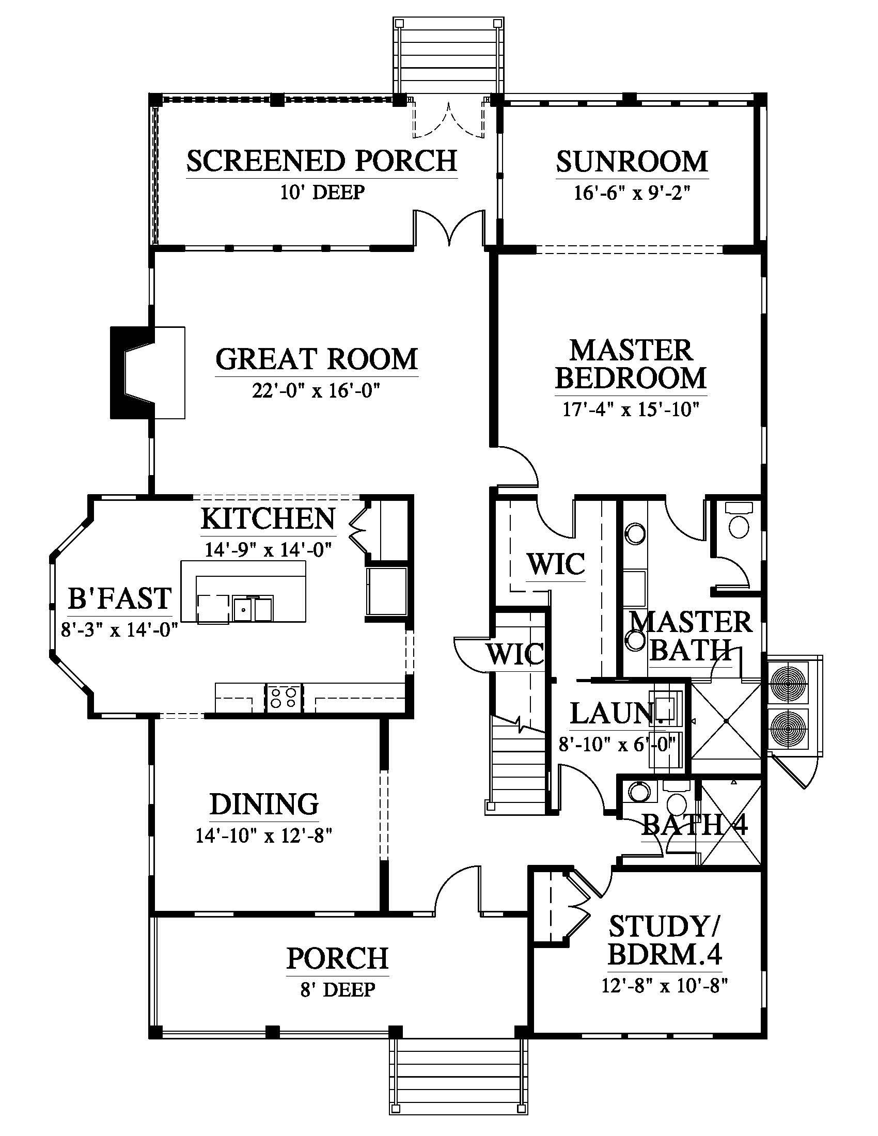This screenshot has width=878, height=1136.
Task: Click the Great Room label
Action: [x=316, y=359]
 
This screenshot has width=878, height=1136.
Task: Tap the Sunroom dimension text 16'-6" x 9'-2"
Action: [x=632, y=193]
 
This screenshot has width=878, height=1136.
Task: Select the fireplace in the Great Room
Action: [x=148, y=372]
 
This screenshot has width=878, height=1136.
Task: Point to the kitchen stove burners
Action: [x=285, y=698]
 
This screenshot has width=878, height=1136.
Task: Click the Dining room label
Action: [x=264, y=803]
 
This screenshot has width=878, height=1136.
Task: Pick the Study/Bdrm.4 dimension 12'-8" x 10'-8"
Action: [x=664, y=985]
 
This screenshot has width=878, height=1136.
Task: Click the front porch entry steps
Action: [x=458, y=1079]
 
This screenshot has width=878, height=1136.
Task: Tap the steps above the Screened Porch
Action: [x=448, y=57]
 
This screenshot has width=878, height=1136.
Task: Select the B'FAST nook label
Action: [x=120, y=598]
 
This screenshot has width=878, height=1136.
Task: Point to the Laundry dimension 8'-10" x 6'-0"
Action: [x=617, y=744]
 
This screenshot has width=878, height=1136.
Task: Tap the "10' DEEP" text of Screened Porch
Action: [x=322, y=192]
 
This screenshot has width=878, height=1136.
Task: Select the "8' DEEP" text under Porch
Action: [x=338, y=989]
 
